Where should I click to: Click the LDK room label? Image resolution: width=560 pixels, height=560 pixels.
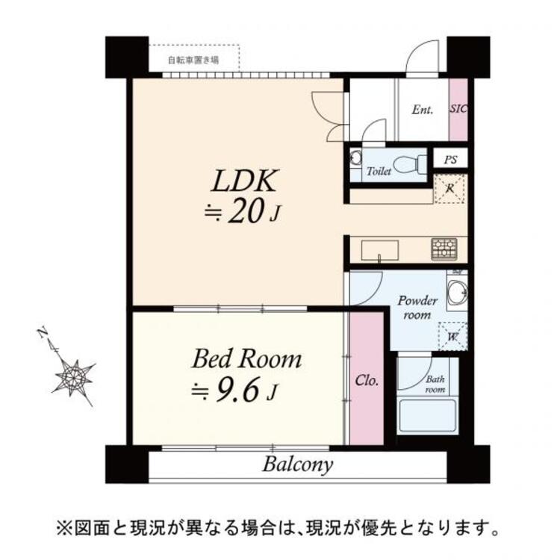coord(246,181)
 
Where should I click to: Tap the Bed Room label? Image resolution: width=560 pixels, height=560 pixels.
coord(246,359)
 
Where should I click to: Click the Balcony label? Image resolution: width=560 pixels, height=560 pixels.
coord(297,464)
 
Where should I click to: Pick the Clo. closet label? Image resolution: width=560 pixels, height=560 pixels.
coord(366,379)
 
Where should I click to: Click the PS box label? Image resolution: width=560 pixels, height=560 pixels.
coord(450,159)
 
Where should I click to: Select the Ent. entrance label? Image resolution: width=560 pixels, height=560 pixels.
coord(423,110)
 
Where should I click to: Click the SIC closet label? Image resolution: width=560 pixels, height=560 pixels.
coord(458,109)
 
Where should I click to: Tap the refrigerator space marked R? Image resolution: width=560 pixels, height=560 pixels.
coord(450,188)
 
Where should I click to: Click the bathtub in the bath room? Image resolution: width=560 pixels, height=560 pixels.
coord(427,416)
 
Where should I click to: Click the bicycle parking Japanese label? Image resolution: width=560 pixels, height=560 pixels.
coord(193,60)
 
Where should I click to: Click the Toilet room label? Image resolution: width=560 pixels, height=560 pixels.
coord(379,172)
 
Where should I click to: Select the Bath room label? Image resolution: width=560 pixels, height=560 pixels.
coord(435,384)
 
